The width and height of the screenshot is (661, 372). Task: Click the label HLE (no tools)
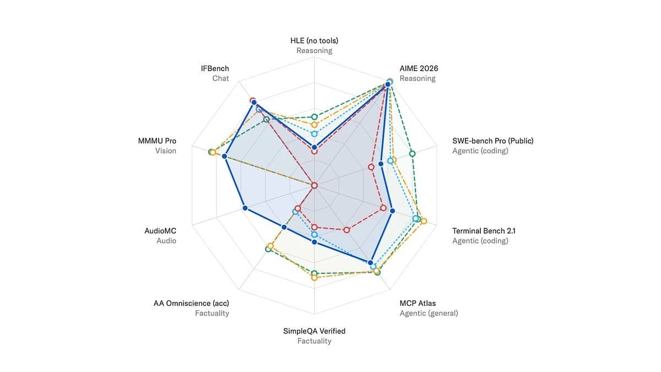click(315, 40)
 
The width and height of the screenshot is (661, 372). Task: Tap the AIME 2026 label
click(419, 68)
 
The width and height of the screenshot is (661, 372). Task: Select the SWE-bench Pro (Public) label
click(493, 141)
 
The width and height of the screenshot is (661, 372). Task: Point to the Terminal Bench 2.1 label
click(484, 231)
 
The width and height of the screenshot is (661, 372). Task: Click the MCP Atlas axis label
click(418, 303)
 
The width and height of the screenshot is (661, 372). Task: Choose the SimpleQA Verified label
click(315, 331)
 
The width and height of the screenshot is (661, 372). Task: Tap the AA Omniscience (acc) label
click(191, 303)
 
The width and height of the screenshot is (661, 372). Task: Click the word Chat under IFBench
click(221, 78)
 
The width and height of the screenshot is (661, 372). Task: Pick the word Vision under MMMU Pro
click(166, 150)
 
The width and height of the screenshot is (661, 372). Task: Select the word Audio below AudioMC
click(166, 241)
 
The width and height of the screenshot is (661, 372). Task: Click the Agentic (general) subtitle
click(429, 313)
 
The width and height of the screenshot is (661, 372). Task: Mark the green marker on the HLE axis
click(315, 117)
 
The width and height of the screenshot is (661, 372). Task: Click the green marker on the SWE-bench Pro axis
click(412, 154)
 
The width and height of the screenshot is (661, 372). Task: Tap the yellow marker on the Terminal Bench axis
click(424, 221)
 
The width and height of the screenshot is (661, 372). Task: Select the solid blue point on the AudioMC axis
click(245, 208)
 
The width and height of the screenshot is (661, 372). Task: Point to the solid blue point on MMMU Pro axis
click(225, 156)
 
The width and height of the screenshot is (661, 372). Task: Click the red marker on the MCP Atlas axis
click(346, 230)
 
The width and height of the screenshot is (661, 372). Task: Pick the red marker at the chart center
click(315, 185)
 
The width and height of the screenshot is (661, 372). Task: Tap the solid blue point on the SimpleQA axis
click(315, 242)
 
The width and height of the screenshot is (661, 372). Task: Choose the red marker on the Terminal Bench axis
click(383, 208)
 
